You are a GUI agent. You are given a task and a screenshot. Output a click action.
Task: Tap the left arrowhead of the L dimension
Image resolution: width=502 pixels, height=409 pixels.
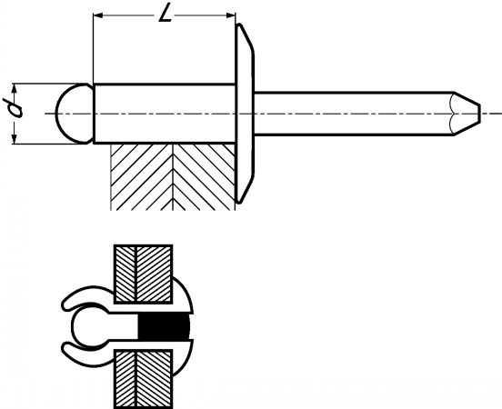[97, 15]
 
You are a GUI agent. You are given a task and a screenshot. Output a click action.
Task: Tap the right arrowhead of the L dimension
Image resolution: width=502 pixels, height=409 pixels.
[230, 15]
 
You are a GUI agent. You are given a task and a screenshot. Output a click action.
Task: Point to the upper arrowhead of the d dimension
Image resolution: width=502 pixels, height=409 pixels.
[14, 88]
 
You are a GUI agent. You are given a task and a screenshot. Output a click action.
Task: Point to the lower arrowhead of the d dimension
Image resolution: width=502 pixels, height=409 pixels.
[14, 139]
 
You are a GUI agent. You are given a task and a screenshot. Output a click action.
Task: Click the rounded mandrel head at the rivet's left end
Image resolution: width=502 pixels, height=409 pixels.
[75, 114]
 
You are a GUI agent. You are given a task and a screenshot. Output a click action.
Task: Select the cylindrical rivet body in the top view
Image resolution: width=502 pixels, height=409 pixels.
[165, 114]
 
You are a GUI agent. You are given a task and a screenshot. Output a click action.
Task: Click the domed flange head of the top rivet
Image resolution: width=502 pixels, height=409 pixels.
[245, 114]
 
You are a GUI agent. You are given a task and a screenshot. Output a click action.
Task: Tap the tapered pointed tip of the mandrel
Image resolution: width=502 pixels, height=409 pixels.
[467, 114]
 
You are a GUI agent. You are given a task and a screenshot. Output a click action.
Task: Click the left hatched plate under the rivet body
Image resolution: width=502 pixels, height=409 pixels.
[142, 176]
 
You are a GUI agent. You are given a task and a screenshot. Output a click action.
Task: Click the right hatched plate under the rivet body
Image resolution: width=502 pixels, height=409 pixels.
[205, 176]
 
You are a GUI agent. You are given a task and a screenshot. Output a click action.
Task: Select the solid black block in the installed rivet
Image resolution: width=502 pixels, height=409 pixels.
[164, 326]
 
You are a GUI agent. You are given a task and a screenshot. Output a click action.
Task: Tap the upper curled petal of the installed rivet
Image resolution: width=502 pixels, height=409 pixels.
[87, 297]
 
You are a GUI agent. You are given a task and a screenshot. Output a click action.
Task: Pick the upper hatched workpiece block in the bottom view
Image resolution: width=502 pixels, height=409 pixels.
[144, 274]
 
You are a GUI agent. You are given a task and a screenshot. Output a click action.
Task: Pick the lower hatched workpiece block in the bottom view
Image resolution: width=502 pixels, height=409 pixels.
[144, 379]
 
